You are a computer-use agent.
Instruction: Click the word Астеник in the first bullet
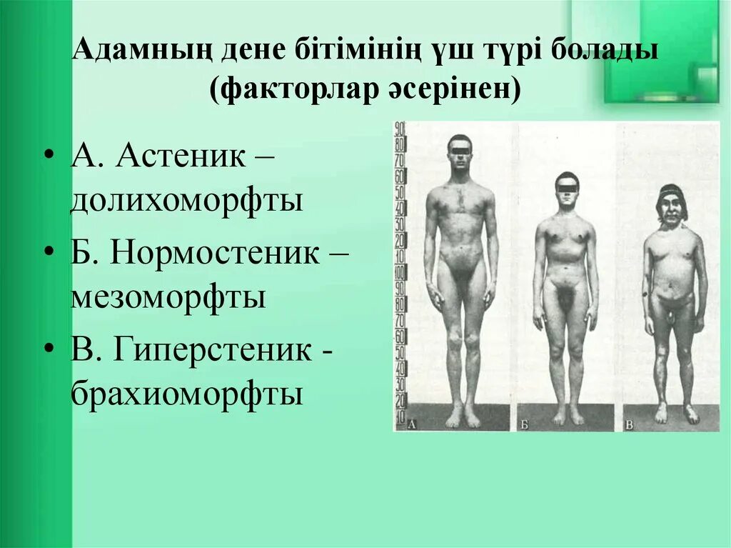point(182,155)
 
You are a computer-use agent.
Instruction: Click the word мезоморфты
point(168,297)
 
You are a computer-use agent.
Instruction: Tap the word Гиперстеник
point(211,350)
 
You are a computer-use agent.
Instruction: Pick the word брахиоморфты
point(187,394)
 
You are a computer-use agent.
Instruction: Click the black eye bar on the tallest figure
point(460,149)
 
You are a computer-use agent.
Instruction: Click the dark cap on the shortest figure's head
point(672,191)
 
